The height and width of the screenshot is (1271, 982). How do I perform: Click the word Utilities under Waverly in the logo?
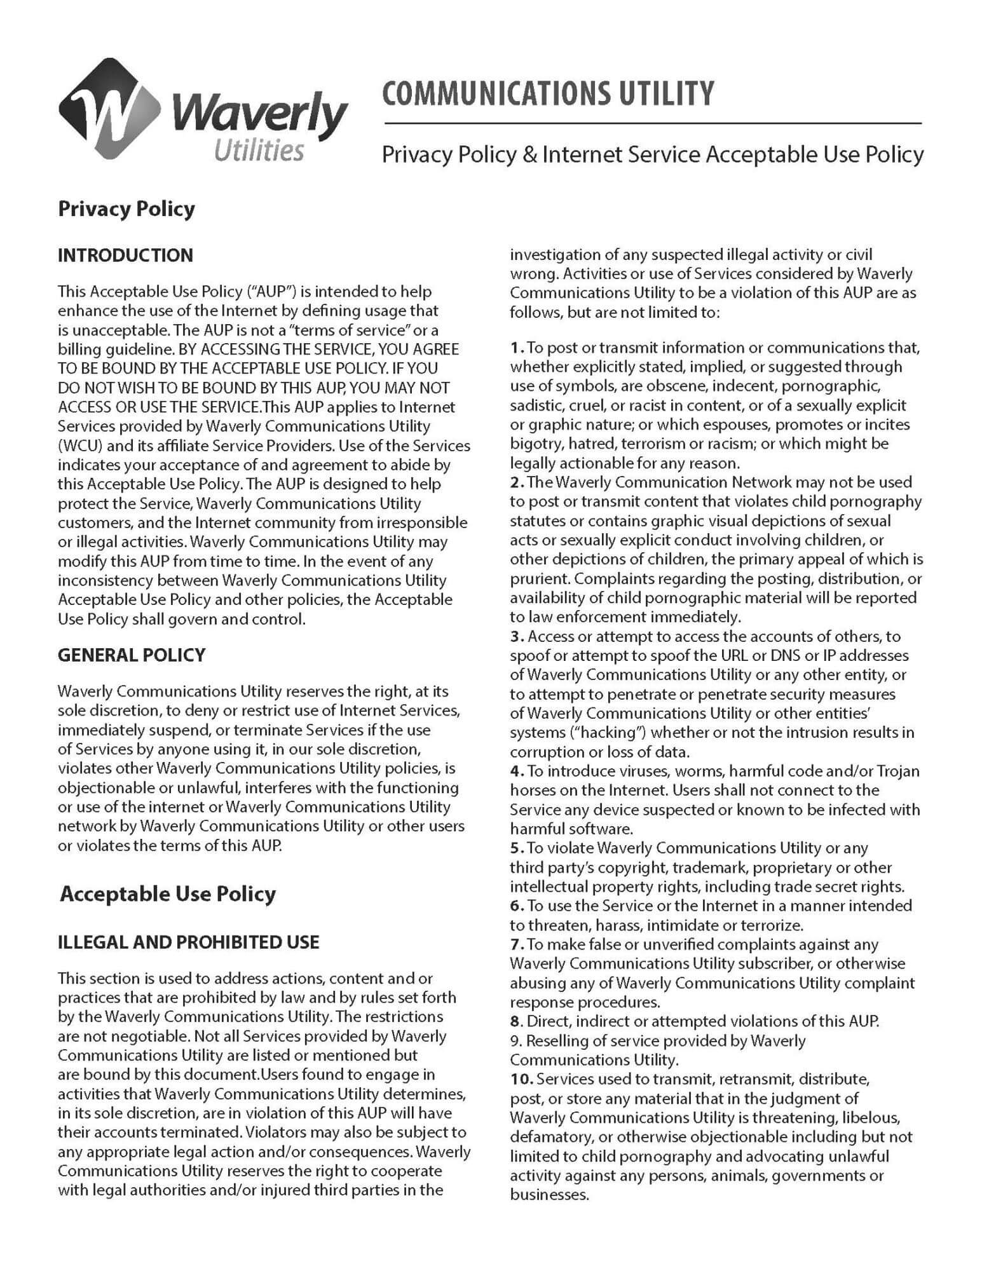click(x=259, y=151)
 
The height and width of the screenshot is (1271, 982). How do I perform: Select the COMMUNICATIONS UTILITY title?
click(x=548, y=93)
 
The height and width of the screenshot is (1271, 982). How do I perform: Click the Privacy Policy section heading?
click(x=126, y=209)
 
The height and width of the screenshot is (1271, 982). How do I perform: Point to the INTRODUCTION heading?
click(x=125, y=255)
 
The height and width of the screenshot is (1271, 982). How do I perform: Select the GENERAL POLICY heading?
click(x=132, y=655)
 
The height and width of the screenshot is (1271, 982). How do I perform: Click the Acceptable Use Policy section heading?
click(x=168, y=894)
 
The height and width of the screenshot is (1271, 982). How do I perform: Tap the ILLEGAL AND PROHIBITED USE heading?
click(x=188, y=942)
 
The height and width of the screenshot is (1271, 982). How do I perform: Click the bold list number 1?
click(x=515, y=348)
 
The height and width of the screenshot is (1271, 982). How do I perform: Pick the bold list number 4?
click(x=515, y=771)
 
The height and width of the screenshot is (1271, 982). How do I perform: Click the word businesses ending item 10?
click(x=549, y=1194)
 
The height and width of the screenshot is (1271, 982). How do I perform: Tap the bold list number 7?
click(x=515, y=944)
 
